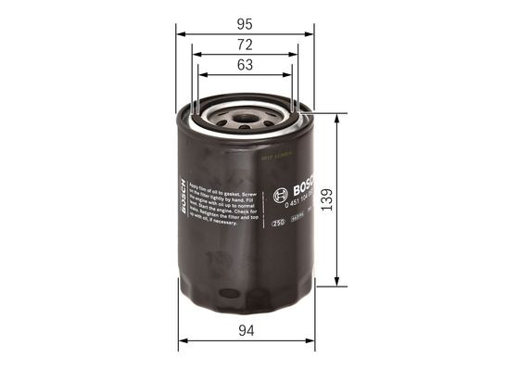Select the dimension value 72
coord(245,43)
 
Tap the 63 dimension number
coord(245,65)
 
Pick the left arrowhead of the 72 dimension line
coord(198,56)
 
